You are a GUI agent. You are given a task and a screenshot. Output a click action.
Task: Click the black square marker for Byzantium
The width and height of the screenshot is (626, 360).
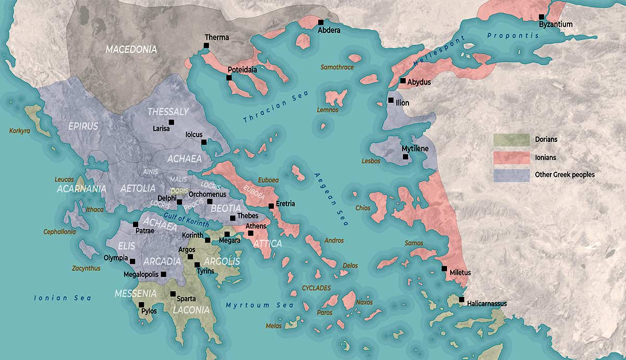(541, 17)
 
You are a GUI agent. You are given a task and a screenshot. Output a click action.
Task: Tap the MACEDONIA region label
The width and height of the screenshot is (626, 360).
(131, 50)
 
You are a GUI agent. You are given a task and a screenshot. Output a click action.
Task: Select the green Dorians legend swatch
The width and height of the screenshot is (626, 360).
(511, 139)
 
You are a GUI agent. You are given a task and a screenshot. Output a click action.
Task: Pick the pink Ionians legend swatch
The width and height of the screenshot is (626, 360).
(511, 157)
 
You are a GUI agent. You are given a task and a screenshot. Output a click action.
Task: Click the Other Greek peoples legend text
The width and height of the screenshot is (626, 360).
(564, 175)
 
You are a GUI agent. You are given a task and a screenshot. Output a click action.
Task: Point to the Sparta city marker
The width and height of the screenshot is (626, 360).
(173, 294)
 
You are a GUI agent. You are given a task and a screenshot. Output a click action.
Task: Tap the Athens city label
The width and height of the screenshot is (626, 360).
(256, 226)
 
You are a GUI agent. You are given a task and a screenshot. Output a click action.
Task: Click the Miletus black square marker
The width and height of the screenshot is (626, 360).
(444, 269)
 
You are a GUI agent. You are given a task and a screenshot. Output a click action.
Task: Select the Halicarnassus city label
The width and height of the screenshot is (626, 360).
(487, 304)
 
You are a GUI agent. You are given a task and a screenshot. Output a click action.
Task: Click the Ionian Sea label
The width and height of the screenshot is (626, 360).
(63, 298)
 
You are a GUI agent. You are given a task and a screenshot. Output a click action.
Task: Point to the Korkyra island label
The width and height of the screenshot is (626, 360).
(20, 131)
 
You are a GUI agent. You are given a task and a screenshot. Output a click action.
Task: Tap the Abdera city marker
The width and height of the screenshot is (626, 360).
(321, 22)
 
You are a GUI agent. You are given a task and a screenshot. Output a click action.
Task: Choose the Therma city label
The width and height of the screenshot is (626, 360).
(216, 38)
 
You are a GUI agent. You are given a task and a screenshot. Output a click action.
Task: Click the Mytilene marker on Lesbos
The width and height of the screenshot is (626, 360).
(405, 157)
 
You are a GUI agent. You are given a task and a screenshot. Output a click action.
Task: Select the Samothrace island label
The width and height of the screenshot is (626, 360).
(337, 67)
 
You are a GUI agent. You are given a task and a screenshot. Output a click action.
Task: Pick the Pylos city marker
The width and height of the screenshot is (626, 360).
(141, 305)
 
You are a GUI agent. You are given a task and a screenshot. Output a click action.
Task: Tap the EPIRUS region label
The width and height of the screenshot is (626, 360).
(82, 126)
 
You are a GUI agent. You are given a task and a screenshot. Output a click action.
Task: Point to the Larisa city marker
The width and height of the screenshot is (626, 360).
(171, 122)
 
